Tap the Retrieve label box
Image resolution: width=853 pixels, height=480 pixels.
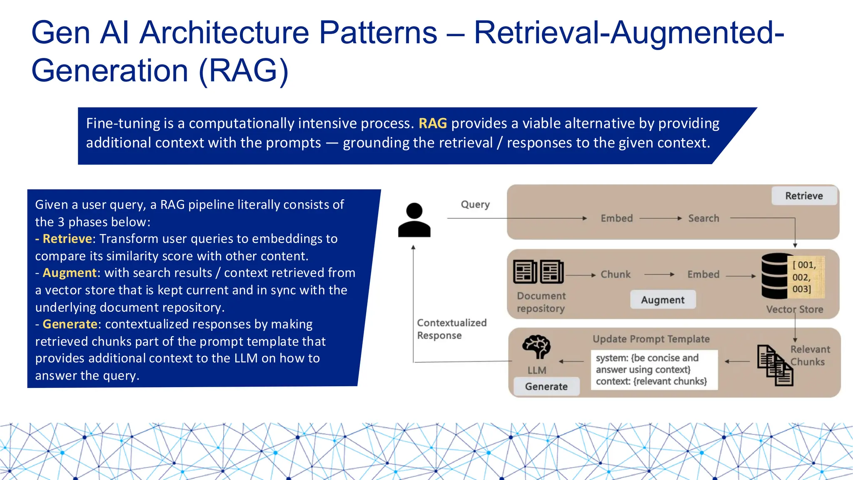804,196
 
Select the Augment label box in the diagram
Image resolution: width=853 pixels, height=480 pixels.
663,300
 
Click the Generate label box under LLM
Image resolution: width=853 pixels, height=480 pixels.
546,386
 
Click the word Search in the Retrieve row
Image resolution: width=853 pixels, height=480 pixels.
703,218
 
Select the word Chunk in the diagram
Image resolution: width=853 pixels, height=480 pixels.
615,275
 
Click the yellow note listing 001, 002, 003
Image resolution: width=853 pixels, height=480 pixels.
806,277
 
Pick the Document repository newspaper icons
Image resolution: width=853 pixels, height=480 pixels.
538,272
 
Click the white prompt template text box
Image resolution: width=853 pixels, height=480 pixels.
654,370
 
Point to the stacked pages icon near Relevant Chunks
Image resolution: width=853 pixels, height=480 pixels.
775,365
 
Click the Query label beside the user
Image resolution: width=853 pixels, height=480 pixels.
475,205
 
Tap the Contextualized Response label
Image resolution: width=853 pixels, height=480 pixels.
451,329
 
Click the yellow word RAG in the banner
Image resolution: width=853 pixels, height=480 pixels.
432,123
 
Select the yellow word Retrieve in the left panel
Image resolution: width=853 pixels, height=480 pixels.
67,239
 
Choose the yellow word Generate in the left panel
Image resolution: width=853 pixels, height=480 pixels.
70,324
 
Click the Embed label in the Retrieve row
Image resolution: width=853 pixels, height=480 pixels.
616,218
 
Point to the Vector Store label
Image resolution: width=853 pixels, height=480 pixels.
794,309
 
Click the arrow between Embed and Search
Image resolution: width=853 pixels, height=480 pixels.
660,218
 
